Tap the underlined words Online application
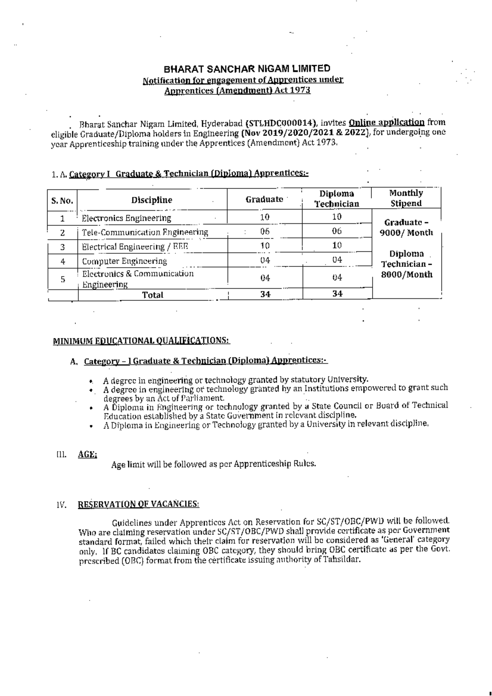pyautogui.click(x=387, y=122)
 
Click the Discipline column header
pyautogui.click(x=152, y=200)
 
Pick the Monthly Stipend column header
pyautogui.click(x=406, y=198)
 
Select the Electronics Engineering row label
pyautogui.click(x=126, y=218)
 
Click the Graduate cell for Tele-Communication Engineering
pyautogui.click(x=265, y=232)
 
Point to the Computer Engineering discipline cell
pyautogui.click(x=124, y=261)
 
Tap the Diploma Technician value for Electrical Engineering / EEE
pyautogui.click(x=337, y=246)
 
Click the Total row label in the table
pyautogui.click(x=153, y=295)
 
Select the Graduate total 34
pyautogui.click(x=265, y=294)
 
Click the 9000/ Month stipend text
pyautogui.click(x=407, y=233)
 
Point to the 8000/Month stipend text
pyautogui.click(x=407, y=275)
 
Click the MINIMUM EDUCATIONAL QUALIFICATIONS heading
pyautogui.click(x=141, y=341)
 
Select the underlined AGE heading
pyautogui.click(x=87, y=454)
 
